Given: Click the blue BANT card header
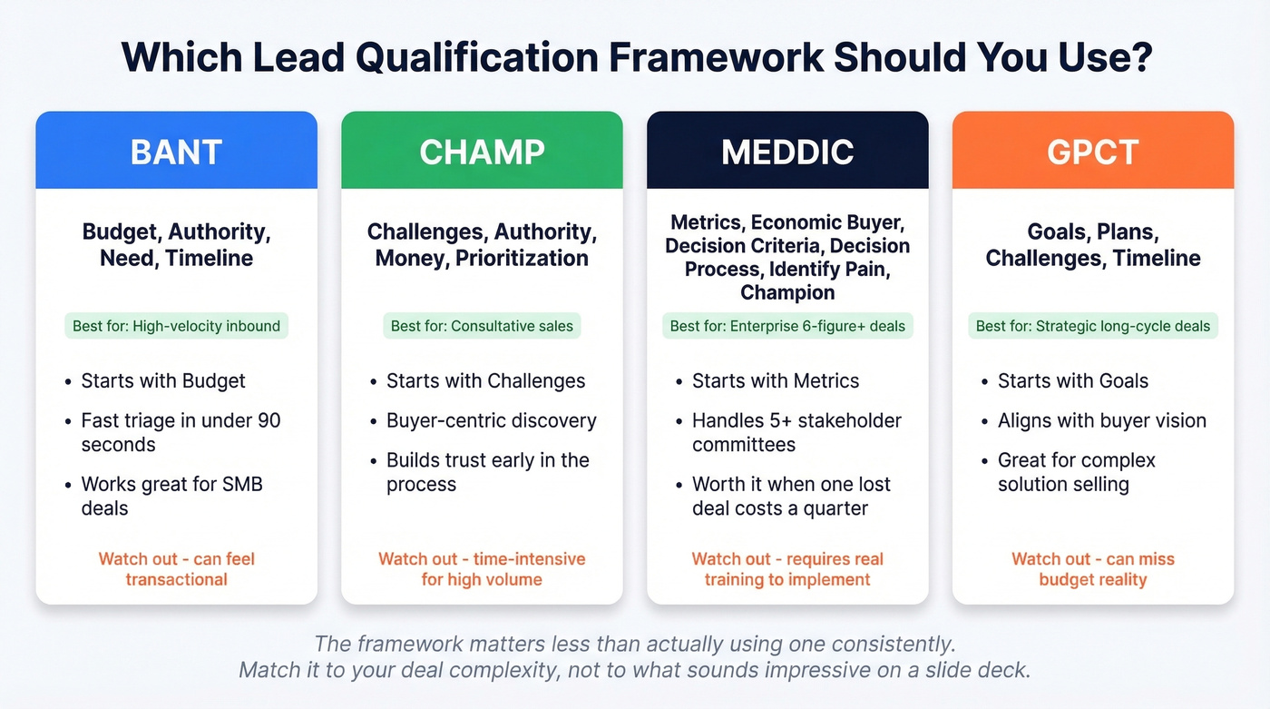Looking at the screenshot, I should (x=176, y=152).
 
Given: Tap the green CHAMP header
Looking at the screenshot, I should (x=482, y=152).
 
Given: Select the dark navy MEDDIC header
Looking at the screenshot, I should (x=787, y=152).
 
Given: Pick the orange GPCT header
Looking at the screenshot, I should (x=1092, y=152).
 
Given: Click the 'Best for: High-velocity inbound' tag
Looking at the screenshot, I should (x=176, y=326).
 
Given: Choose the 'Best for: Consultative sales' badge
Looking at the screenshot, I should (x=482, y=326).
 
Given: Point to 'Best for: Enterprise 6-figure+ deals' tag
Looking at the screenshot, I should (x=787, y=326).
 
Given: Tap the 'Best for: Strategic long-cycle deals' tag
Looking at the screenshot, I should (x=1093, y=326).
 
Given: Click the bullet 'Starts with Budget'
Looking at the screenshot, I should (x=163, y=381).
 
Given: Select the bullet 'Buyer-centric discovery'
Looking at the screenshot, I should (x=491, y=421).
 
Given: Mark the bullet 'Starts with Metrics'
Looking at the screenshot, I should (x=776, y=381).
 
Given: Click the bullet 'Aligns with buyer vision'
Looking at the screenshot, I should (x=1102, y=421).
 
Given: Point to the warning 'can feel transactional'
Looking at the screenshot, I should (x=177, y=569).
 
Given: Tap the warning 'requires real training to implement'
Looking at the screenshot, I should (x=787, y=569).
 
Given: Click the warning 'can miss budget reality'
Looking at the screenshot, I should (x=1093, y=569).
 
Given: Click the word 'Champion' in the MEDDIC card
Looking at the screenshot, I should (x=787, y=292).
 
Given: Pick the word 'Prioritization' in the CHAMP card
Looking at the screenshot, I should (x=522, y=258).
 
